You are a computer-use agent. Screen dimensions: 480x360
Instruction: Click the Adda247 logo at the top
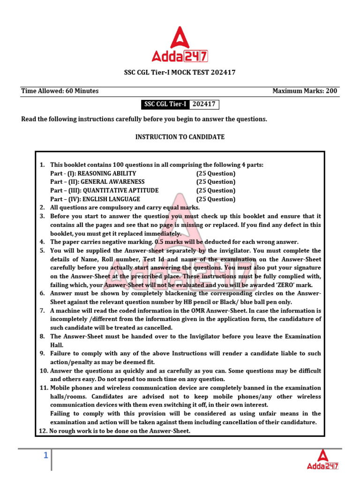point(180,45)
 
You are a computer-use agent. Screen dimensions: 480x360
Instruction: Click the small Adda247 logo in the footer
point(322,459)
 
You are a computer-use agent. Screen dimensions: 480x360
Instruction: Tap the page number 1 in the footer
point(46,455)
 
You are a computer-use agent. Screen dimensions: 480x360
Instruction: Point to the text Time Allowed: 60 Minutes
point(60,91)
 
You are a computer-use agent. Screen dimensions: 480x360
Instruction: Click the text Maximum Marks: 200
point(305,91)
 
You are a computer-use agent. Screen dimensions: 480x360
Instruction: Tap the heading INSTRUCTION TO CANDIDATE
point(180,137)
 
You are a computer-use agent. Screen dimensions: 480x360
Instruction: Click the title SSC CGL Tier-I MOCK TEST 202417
point(180,73)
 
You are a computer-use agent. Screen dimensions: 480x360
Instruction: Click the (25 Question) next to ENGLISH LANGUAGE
point(216,199)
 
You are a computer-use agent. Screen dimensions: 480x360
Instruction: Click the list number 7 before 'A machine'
point(42,311)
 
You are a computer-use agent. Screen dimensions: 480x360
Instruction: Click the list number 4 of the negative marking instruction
point(42,242)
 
